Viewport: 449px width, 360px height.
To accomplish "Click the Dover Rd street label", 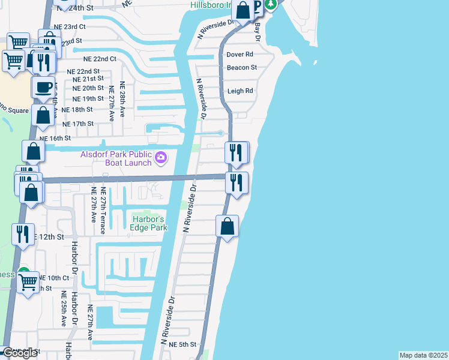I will click(240, 55).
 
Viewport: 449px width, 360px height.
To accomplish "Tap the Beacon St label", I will click(242, 68).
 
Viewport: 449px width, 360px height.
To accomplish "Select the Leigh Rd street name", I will click(240, 91).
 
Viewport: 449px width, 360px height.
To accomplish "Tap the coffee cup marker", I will click(43, 88).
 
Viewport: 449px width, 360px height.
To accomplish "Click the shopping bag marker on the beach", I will click(227, 227).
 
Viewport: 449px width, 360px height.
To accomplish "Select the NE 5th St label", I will click(182, 344).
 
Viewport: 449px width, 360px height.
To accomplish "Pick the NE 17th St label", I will click(78, 124).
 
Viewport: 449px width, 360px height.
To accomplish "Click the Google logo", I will click(20, 353).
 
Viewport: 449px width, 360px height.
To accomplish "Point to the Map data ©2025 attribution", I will click(423, 355).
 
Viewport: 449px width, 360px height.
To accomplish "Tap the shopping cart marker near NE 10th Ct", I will click(28, 282).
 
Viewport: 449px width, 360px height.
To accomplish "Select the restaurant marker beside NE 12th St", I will click(23, 234).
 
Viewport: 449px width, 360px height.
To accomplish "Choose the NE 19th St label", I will click(88, 98).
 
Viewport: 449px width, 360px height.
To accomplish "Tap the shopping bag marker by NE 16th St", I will click(34, 151).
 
